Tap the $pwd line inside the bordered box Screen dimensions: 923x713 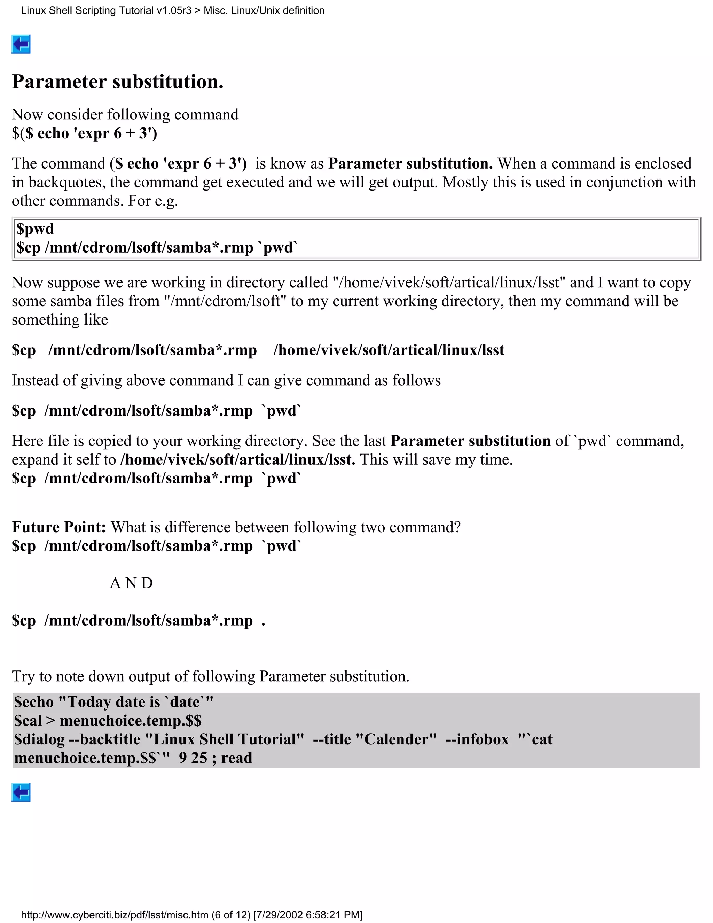[x=36, y=229]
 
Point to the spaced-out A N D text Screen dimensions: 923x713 [x=131, y=583]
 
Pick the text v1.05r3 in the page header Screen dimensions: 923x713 [x=174, y=10]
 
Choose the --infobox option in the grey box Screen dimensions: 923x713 [x=477, y=739]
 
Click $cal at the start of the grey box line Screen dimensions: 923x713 [x=28, y=721]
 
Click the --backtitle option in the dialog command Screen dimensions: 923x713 [x=104, y=739]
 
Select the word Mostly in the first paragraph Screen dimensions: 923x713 [x=463, y=182]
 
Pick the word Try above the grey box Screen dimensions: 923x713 [x=23, y=677]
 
